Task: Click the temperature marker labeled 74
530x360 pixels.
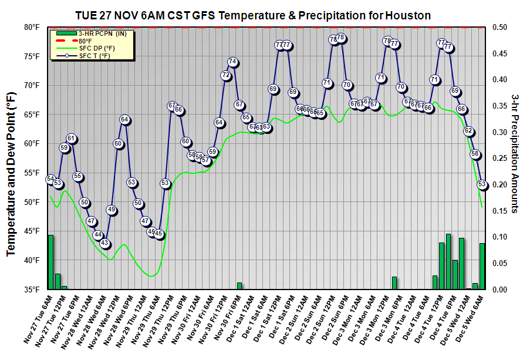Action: click(x=232, y=62)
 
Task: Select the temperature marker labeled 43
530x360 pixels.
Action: click(x=104, y=243)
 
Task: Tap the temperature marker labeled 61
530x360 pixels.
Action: click(x=71, y=139)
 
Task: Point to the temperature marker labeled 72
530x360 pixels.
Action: click(x=225, y=75)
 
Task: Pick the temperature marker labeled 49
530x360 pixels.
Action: click(x=112, y=210)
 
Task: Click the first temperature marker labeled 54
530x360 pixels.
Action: click(x=50, y=179)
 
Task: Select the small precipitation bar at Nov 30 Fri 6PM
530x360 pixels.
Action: click(x=239, y=286)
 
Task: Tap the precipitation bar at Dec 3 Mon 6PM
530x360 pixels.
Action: click(x=394, y=283)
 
